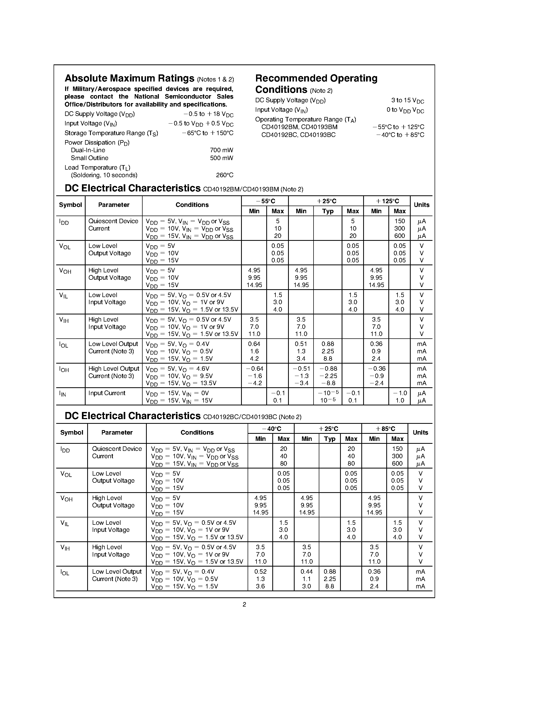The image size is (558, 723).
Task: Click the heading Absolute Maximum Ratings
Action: (x=129, y=78)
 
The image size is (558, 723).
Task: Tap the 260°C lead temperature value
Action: (x=225, y=175)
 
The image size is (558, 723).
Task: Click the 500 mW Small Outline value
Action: (x=221, y=158)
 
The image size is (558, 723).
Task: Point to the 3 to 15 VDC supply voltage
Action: (x=407, y=101)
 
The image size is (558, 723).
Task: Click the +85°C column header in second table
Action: (x=385, y=429)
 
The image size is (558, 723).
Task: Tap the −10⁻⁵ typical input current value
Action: (x=328, y=393)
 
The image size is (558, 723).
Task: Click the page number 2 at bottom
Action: (x=244, y=604)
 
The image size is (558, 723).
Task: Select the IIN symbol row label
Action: (x=62, y=394)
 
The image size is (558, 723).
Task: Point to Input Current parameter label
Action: (x=107, y=393)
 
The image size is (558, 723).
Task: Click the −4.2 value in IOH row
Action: (x=254, y=383)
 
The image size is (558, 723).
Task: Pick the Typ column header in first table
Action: (x=328, y=211)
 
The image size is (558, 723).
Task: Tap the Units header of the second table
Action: (x=420, y=433)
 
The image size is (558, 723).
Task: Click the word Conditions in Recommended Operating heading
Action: (x=281, y=90)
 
